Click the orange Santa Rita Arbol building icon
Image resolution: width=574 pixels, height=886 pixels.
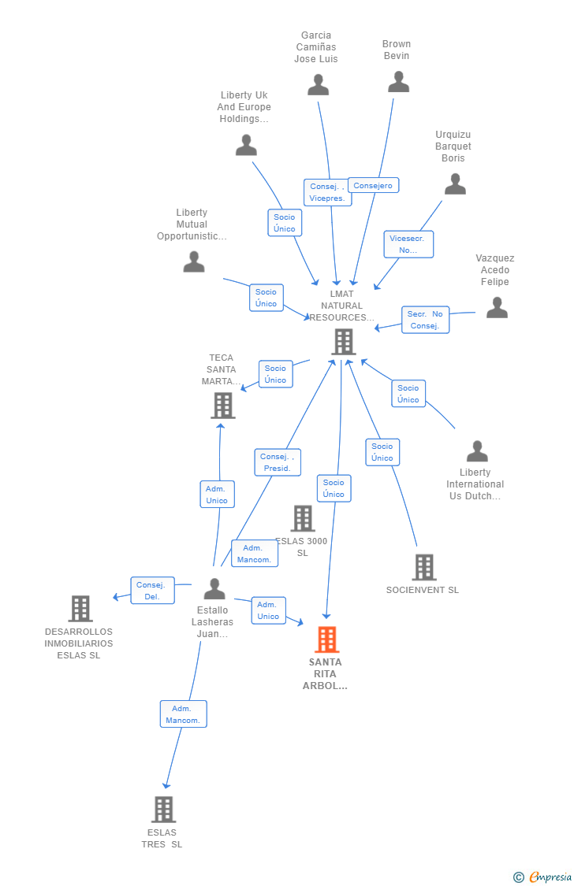[x=327, y=639]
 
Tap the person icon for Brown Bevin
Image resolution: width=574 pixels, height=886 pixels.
[x=398, y=82]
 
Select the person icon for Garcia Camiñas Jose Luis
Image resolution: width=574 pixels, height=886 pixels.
[x=318, y=84]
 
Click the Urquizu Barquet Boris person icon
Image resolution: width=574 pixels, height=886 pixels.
[x=455, y=184]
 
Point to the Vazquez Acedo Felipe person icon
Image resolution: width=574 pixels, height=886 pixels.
[x=497, y=307]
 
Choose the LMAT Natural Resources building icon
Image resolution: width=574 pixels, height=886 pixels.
[x=343, y=342]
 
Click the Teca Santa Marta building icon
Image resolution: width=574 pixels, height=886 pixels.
[x=223, y=405]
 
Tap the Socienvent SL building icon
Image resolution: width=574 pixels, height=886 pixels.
[x=423, y=567]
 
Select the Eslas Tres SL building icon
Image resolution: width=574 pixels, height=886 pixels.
[x=163, y=809]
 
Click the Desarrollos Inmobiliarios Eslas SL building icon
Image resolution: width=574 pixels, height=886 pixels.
[x=80, y=608]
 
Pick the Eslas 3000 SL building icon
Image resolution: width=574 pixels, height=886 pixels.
[x=303, y=518]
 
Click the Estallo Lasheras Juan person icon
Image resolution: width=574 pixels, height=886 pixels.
[x=214, y=588]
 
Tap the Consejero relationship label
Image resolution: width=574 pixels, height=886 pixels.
[x=373, y=186]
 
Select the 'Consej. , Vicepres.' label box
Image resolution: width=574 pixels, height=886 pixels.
[x=327, y=192]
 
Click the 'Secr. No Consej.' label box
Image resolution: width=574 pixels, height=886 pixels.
[x=425, y=320]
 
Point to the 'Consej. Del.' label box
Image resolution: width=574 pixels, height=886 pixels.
[x=152, y=591]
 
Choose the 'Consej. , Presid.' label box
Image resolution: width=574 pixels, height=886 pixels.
[x=277, y=462]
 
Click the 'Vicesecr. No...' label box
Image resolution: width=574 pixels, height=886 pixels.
[x=408, y=244]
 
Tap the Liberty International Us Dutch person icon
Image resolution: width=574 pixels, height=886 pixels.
[x=477, y=451]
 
